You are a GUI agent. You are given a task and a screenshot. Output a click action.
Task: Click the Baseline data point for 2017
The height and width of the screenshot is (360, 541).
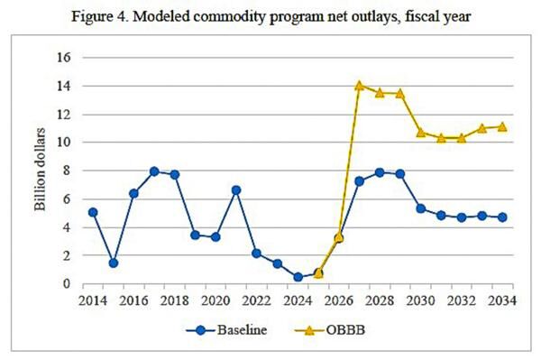pos(154,171)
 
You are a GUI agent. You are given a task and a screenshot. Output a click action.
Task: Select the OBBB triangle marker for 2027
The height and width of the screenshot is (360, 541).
pos(359,86)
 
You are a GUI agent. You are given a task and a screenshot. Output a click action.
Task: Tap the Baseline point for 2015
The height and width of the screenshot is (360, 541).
pos(114,263)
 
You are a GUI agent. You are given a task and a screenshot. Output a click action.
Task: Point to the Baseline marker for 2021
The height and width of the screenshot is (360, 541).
pos(236,190)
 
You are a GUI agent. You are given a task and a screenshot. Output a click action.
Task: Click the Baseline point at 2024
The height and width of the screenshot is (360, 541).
pos(298,277)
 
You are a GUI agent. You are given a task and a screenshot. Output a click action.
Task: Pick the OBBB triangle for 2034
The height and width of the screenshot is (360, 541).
pos(502,126)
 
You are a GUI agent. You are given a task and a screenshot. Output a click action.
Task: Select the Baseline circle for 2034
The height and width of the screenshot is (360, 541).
pos(502,217)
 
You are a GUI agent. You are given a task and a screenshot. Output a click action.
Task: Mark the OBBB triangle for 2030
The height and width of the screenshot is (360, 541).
pos(420,132)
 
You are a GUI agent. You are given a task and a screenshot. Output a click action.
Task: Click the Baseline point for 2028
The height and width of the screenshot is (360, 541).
pos(380,172)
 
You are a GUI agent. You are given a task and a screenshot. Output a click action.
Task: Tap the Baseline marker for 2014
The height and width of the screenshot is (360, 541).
pos(93,213)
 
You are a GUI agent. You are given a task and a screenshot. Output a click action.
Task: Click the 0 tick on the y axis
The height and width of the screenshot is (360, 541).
pos(66,284)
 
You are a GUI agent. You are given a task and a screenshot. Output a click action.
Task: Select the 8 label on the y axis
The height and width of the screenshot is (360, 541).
pos(66,171)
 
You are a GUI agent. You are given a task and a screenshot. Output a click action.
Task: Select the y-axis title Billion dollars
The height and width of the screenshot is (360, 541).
pos(41,170)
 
